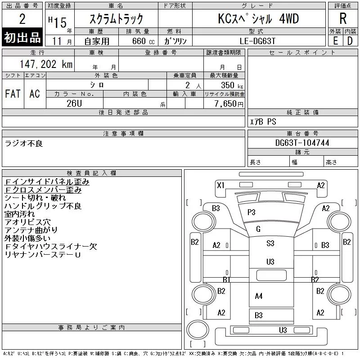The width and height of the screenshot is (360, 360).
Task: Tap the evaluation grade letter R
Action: pos(343,18)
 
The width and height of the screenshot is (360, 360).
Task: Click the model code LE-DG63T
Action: pos(257,40)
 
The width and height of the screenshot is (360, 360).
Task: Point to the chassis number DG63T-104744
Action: pos(302,143)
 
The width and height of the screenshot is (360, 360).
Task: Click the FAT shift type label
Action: pos(13,94)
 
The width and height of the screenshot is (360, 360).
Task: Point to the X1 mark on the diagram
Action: pos(220,185)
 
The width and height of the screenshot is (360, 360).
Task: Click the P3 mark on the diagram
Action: pos(251,212)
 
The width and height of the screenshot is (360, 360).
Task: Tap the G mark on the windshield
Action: pos(258,229)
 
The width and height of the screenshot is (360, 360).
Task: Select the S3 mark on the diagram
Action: pos(270,243)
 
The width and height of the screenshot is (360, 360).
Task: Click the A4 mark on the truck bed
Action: pos(258,296)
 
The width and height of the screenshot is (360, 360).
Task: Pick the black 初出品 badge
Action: pos(22,38)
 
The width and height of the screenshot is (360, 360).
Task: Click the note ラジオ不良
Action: pos(23,143)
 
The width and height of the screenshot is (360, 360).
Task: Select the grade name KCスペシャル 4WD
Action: pos(258,18)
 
